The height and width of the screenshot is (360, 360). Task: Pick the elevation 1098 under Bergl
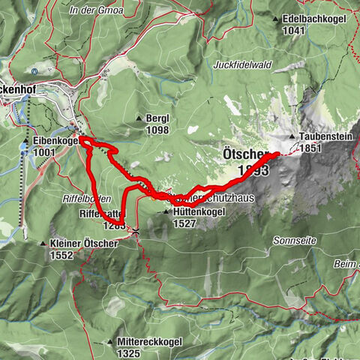(157, 130)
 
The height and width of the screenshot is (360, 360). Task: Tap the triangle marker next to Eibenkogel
(25, 141)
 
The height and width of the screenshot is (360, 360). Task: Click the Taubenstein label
(324, 138)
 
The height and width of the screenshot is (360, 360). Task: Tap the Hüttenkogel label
(199, 213)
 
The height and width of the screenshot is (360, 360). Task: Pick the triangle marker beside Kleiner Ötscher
(43, 244)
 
